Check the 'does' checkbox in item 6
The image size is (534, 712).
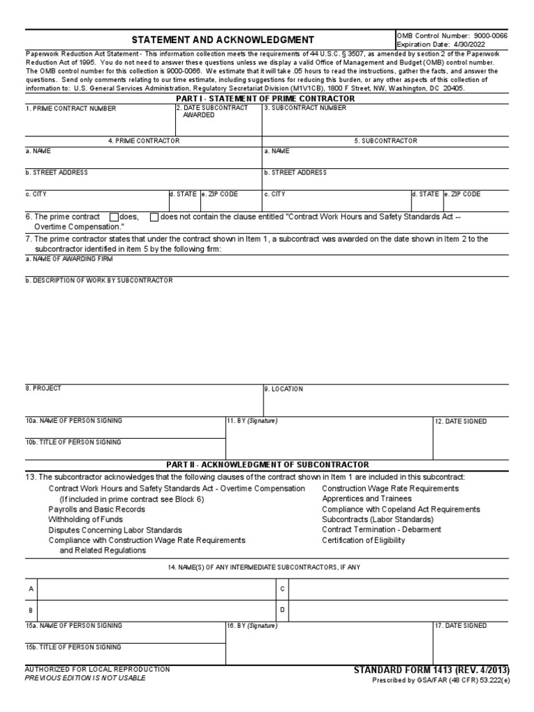tap(114, 217)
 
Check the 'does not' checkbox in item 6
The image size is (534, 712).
tap(154, 217)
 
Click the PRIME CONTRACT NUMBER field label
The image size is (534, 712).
tap(71, 108)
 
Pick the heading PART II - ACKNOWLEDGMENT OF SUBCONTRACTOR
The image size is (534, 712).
tap(267, 464)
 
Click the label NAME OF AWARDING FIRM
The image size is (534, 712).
tap(69, 259)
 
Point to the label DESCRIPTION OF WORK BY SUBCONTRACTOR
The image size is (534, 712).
tap(99, 280)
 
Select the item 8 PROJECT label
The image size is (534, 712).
tap(43, 388)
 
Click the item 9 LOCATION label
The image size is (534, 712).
tap(284, 389)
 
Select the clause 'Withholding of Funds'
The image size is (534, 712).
tap(85, 519)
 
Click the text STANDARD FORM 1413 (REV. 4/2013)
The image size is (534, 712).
tap(431, 670)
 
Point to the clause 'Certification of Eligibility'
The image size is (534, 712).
tap(363, 540)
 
